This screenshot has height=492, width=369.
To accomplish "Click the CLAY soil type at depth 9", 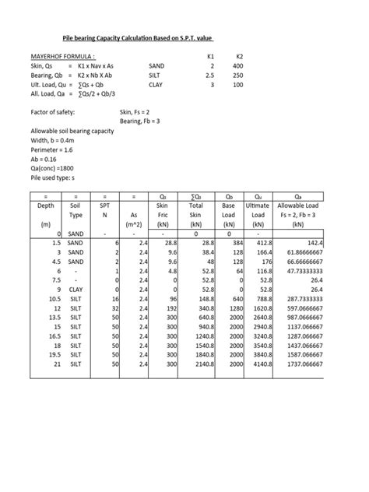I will click(76, 290).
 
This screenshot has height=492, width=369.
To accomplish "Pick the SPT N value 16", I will click(114, 299).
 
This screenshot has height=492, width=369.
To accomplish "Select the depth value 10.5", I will click(54, 299).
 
